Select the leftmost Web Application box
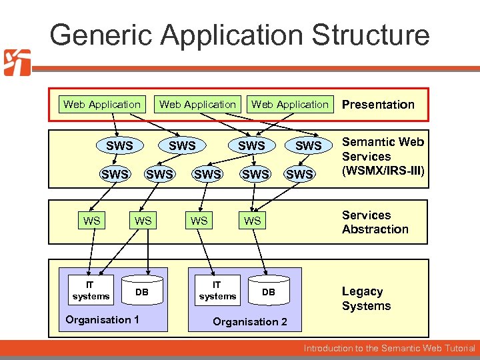(102, 104)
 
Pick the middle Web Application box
(197, 104)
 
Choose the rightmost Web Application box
(290, 104)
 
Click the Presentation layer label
(378, 105)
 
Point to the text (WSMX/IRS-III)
(383, 171)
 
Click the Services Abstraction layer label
(375, 222)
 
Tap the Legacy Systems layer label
(366, 299)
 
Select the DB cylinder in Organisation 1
(142, 292)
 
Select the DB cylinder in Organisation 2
(268, 292)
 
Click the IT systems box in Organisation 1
(91, 290)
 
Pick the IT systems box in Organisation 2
(217, 290)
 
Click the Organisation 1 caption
(102, 320)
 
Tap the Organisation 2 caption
(250, 322)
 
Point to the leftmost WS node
(91, 221)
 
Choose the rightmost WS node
(252, 221)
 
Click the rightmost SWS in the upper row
(308, 145)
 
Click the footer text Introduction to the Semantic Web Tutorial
(389, 348)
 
